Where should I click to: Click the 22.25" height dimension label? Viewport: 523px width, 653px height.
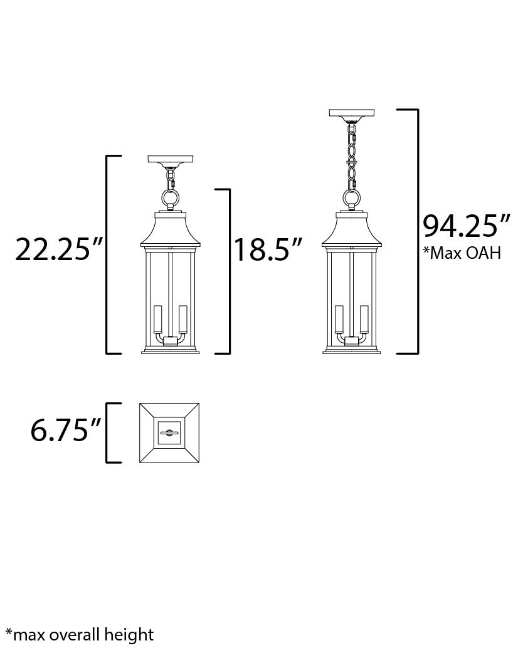tap(58, 249)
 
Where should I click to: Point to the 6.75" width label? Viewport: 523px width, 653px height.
tap(66, 431)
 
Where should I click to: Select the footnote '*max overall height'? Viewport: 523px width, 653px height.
tap(79, 634)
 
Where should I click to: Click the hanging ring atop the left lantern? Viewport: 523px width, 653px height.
tap(169, 199)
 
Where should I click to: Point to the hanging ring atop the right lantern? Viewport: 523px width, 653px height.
tap(352, 199)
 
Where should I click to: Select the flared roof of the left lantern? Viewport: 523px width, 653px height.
tap(169, 232)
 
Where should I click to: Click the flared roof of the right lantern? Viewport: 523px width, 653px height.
tap(352, 232)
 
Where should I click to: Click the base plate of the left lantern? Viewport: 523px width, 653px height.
tap(169, 351)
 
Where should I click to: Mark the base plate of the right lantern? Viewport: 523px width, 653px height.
tap(352, 351)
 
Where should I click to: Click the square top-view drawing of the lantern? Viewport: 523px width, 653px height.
tap(169, 433)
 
